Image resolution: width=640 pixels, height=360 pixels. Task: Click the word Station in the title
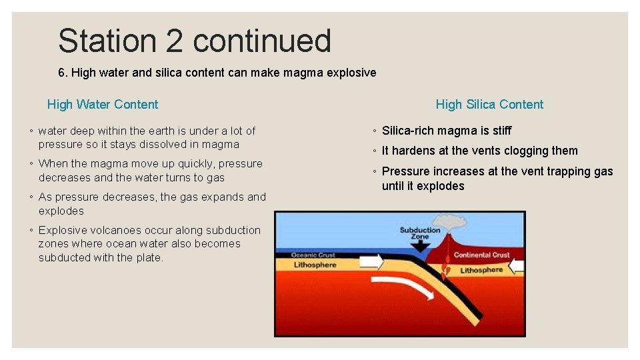107,41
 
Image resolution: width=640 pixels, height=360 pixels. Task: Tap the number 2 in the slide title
174,41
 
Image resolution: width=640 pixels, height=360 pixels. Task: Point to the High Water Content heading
103,104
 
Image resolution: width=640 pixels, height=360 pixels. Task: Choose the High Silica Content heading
489,104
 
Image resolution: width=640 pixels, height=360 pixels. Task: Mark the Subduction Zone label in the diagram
419,233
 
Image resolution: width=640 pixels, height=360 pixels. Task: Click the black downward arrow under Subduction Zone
421,246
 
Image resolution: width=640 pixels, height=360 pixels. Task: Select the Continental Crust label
481,255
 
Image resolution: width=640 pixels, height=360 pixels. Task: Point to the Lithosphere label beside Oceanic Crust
316,265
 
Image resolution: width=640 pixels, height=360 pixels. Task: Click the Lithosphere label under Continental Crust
481,270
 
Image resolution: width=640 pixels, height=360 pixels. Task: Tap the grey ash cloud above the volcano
445,223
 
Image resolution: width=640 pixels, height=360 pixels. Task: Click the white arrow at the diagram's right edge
517,267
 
